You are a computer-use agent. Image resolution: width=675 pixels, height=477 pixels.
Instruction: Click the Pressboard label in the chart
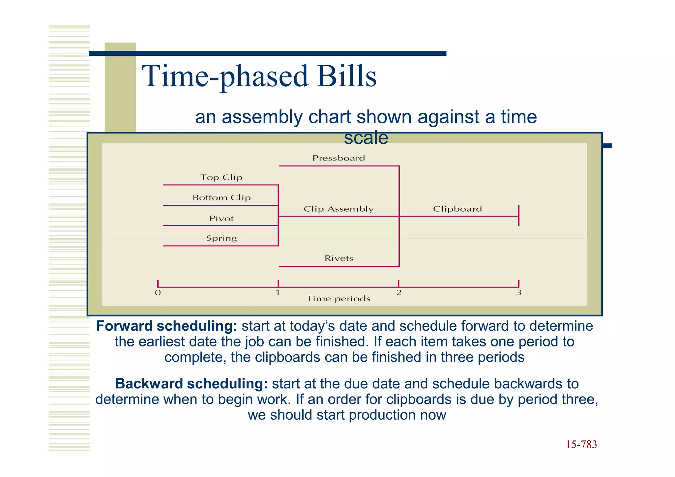pos(338,158)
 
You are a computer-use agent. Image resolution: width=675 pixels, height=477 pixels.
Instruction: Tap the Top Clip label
pos(221,177)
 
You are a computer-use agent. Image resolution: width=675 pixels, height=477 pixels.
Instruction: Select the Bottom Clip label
pos(221,197)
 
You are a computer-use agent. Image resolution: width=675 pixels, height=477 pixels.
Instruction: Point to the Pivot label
pos(221,219)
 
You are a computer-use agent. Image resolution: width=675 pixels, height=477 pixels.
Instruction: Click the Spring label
pos(221,238)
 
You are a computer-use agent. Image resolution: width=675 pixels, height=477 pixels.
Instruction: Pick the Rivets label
pos(339,258)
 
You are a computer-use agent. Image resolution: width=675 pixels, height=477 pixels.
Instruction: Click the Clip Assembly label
pos(338,209)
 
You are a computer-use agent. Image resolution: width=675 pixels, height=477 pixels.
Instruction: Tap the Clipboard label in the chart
pos(457,209)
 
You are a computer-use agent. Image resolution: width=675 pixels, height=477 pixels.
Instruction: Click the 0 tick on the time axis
pos(158,292)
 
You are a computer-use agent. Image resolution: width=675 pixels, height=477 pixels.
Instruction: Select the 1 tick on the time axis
pos(278,292)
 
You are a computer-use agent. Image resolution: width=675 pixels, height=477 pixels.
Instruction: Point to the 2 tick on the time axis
pos(399,292)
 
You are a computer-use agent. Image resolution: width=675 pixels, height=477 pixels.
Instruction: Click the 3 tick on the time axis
pos(519,292)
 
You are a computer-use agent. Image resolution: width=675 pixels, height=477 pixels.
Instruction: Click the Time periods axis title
pos(338,299)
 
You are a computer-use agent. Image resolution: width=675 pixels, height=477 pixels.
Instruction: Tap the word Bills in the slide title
pos(346,76)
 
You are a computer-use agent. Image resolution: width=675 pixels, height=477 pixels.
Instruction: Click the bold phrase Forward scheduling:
pos(166,326)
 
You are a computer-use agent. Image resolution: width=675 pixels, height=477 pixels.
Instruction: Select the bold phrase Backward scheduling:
pos(191,384)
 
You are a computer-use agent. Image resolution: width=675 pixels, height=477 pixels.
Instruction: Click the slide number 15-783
pos(581,444)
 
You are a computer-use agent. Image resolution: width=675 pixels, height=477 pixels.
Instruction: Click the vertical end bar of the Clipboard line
pos(519,216)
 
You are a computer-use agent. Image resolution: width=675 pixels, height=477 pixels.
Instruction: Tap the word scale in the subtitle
pos(366,138)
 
